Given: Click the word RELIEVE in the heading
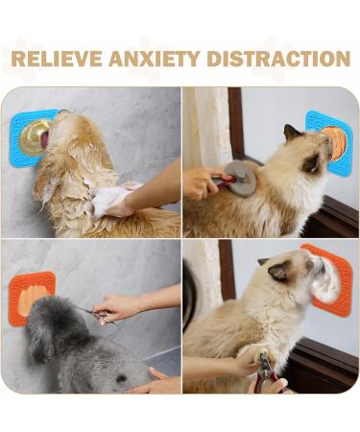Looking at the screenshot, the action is (56, 59).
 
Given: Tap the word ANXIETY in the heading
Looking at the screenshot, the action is (155, 59).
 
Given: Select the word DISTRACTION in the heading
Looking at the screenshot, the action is (278, 59).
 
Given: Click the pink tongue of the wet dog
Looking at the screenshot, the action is (45, 138).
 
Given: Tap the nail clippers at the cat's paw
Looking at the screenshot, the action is (267, 372).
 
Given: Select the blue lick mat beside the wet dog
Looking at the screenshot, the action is (30, 137).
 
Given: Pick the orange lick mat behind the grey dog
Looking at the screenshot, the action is (31, 299).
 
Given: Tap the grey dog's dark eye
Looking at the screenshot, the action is (121, 379).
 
